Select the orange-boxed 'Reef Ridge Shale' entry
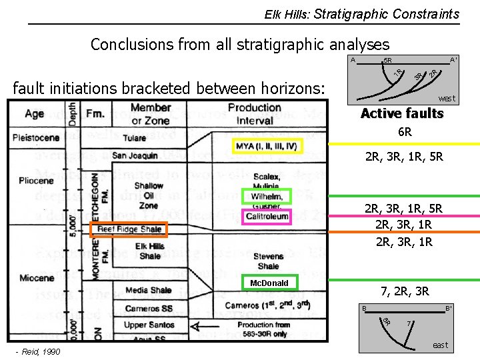point(129,229)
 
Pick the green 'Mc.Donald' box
point(269,283)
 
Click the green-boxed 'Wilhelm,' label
point(267,197)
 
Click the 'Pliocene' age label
point(33,181)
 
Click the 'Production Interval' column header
point(254,114)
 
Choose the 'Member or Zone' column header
point(151,114)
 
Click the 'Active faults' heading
point(401,113)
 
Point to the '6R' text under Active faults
point(405,132)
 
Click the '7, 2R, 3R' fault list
point(405,291)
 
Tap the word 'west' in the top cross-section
point(447,98)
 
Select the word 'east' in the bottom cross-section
point(441,345)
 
